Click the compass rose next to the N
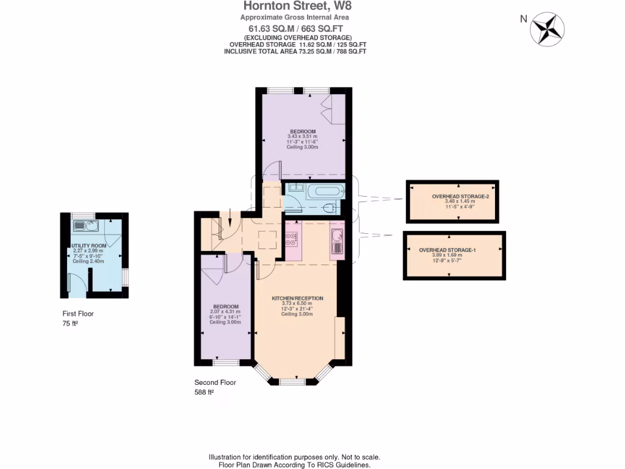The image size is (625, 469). tap(547, 29)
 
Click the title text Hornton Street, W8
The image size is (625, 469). tap(297, 7)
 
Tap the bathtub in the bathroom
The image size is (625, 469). tap(320, 191)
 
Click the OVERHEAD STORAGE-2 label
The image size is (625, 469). tap(453, 197)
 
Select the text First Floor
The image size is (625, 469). tap(78, 314)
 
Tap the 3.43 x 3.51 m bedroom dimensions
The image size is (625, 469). tap(303, 137)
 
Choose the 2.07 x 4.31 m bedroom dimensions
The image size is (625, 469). tap(225, 312)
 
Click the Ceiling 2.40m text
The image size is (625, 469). tap(89, 261)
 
